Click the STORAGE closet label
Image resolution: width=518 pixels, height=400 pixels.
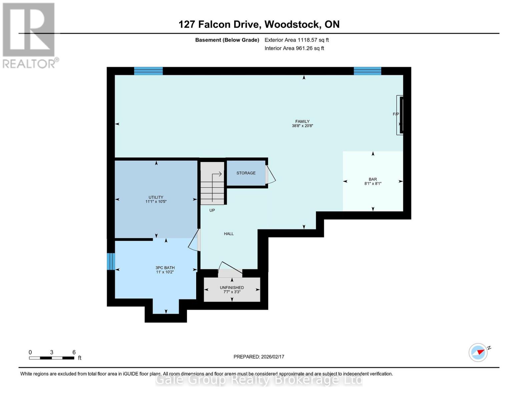[246, 173]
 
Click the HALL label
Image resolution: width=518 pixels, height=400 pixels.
[229, 234]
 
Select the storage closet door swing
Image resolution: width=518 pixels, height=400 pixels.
[270, 175]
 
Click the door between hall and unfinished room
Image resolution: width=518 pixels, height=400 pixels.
[230, 269]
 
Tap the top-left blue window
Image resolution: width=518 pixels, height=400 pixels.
[148, 71]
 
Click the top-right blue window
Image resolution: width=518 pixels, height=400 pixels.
[367, 71]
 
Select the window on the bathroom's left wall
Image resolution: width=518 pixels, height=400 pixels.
[111, 261]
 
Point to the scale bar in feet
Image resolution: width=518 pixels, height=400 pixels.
[52, 358]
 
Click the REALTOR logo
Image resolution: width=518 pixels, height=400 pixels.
[29, 35]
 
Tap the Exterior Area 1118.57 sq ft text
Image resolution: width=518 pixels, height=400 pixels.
[297, 40]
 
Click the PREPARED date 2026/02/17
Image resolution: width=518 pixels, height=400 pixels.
[259, 357]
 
